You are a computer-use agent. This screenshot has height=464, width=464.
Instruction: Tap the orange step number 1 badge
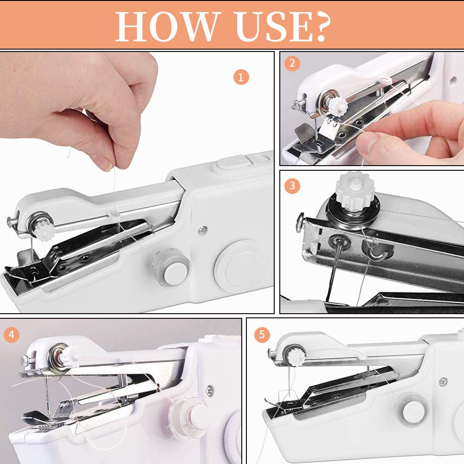click(241, 77)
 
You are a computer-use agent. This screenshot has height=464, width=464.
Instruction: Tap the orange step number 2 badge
click(292, 64)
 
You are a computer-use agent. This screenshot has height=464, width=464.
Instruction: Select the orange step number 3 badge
click(292, 186)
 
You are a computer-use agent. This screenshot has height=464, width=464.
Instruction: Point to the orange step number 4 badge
click(12, 334)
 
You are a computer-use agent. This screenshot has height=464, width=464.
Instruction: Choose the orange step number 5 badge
click(262, 334)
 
